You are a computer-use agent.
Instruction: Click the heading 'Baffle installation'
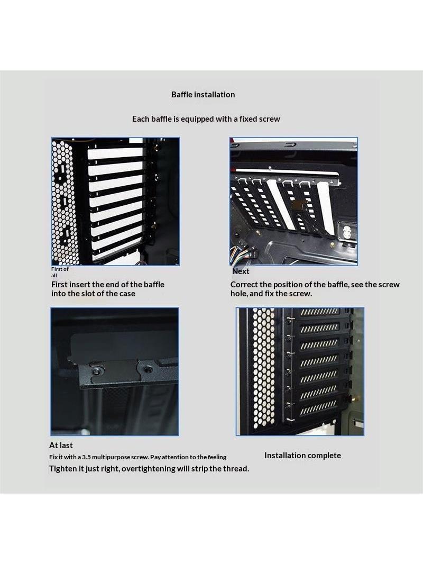tap(203, 95)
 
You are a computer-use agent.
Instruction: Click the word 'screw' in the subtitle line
tap(270, 119)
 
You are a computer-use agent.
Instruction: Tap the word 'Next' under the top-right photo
tap(241, 271)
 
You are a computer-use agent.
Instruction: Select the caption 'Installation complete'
tap(302, 456)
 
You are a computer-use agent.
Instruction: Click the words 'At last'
tap(61, 445)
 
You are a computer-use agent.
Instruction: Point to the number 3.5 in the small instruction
tap(86, 457)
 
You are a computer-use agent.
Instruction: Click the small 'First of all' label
tap(59, 272)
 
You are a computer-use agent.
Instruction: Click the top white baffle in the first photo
tap(115, 153)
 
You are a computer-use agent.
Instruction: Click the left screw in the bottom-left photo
tap(96, 370)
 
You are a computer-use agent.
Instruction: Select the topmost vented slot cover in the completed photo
tap(319, 312)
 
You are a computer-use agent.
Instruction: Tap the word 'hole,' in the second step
tap(238, 294)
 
